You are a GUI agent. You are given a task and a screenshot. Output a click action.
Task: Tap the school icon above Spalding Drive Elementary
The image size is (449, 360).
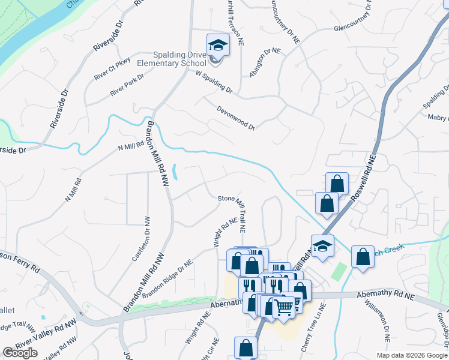(218, 45)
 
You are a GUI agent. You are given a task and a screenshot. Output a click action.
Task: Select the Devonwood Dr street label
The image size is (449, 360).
(235, 118)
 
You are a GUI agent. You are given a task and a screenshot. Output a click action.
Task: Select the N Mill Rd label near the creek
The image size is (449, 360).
(131, 146)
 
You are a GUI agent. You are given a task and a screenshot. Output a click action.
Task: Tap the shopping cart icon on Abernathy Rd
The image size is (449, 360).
(284, 307)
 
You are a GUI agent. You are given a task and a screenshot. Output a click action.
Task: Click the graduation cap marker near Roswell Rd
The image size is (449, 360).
(322, 245)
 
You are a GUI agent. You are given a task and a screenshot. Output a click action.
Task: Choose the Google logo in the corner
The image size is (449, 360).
(20, 353)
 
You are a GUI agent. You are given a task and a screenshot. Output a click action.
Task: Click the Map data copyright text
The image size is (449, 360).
(412, 355)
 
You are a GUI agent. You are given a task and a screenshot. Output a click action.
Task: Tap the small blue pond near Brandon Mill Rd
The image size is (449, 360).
(174, 173)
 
